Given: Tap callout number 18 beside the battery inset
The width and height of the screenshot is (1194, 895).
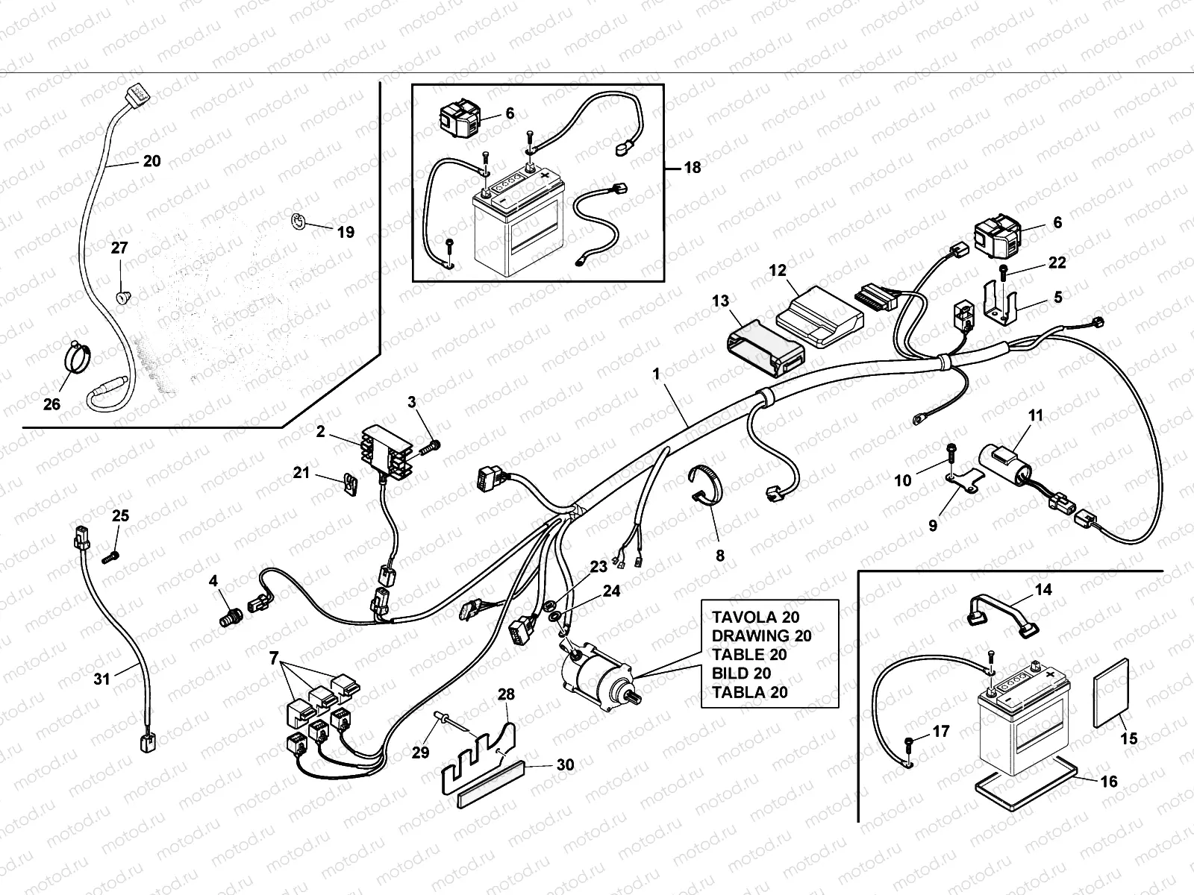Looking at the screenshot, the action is point(692,167).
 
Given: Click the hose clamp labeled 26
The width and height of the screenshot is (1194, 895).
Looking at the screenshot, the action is point(77,357).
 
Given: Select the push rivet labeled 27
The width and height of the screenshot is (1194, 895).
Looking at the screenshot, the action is point(123,298).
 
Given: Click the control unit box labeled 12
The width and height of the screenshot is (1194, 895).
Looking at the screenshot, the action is point(819,316).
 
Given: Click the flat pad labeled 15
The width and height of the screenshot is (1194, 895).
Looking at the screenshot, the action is point(1111,692).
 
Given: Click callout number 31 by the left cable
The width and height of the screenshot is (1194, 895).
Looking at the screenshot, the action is point(101,679).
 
